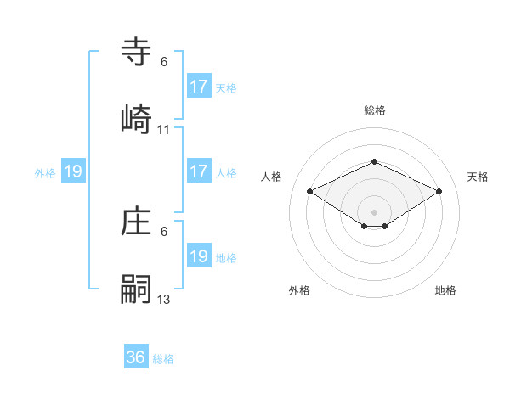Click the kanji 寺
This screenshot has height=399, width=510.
click(x=139, y=53)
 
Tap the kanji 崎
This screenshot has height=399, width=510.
click(x=139, y=116)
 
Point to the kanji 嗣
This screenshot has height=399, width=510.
click(x=139, y=289)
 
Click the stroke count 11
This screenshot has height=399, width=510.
click(x=164, y=130)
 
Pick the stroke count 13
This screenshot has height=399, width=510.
click(x=164, y=299)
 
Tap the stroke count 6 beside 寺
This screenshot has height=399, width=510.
click(x=164, y=62)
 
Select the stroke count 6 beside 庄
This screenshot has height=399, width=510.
click(x=164, y=231)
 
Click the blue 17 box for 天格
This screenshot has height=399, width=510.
click(x=199, y=87)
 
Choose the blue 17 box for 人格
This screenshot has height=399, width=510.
click(x=199, y=171)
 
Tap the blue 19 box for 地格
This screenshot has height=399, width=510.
click(x=199, y=256)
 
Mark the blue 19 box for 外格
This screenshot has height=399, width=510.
click(x=73, y=171)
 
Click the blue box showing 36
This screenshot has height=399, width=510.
click(x=136, y=357)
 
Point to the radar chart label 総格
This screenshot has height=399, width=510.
click(x=374, y=110)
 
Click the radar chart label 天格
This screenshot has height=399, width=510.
click(x=478, y=177)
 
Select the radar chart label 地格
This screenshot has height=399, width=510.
click(x=445, y=290)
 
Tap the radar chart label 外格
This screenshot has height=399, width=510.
click(x=299, y=290)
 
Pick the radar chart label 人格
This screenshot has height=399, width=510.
click(x=272, y=177)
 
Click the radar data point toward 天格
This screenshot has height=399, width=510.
click(x=439, y=191)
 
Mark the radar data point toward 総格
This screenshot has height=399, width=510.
click(x=374, y=161)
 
